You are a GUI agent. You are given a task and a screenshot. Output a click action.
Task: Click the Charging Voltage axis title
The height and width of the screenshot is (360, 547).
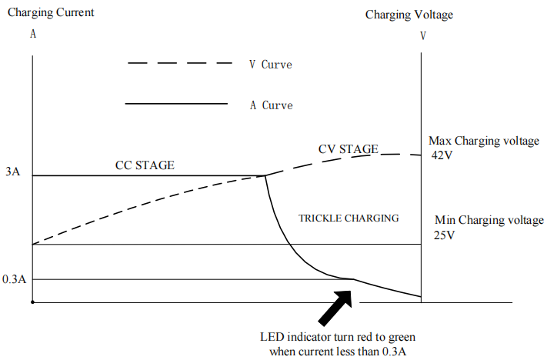pos(409,15)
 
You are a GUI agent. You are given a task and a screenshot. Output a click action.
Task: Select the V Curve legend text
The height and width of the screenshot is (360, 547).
pos(270,65)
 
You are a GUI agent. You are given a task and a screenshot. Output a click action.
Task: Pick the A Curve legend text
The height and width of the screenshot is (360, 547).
pos(271,105)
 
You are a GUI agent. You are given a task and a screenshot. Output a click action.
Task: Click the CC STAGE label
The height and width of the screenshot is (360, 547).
pos(145,165)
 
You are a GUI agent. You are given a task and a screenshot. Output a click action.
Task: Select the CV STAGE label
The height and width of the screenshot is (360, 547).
pos(348,148)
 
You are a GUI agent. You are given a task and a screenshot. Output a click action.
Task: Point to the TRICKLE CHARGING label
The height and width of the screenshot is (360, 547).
pos(349,218)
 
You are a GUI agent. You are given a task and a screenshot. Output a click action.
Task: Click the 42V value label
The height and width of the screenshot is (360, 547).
pos(443,155)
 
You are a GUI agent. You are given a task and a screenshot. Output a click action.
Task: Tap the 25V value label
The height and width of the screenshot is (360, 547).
pos(445,235)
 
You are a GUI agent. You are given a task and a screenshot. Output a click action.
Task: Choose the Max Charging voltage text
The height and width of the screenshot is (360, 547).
pos(483,141)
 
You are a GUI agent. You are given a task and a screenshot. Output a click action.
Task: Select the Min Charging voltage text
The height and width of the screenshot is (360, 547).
pos(489,221)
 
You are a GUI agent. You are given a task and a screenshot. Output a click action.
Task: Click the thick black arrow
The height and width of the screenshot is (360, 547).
pos(337,305)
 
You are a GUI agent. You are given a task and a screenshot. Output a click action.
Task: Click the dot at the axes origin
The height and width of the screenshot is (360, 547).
pos(32,302)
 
